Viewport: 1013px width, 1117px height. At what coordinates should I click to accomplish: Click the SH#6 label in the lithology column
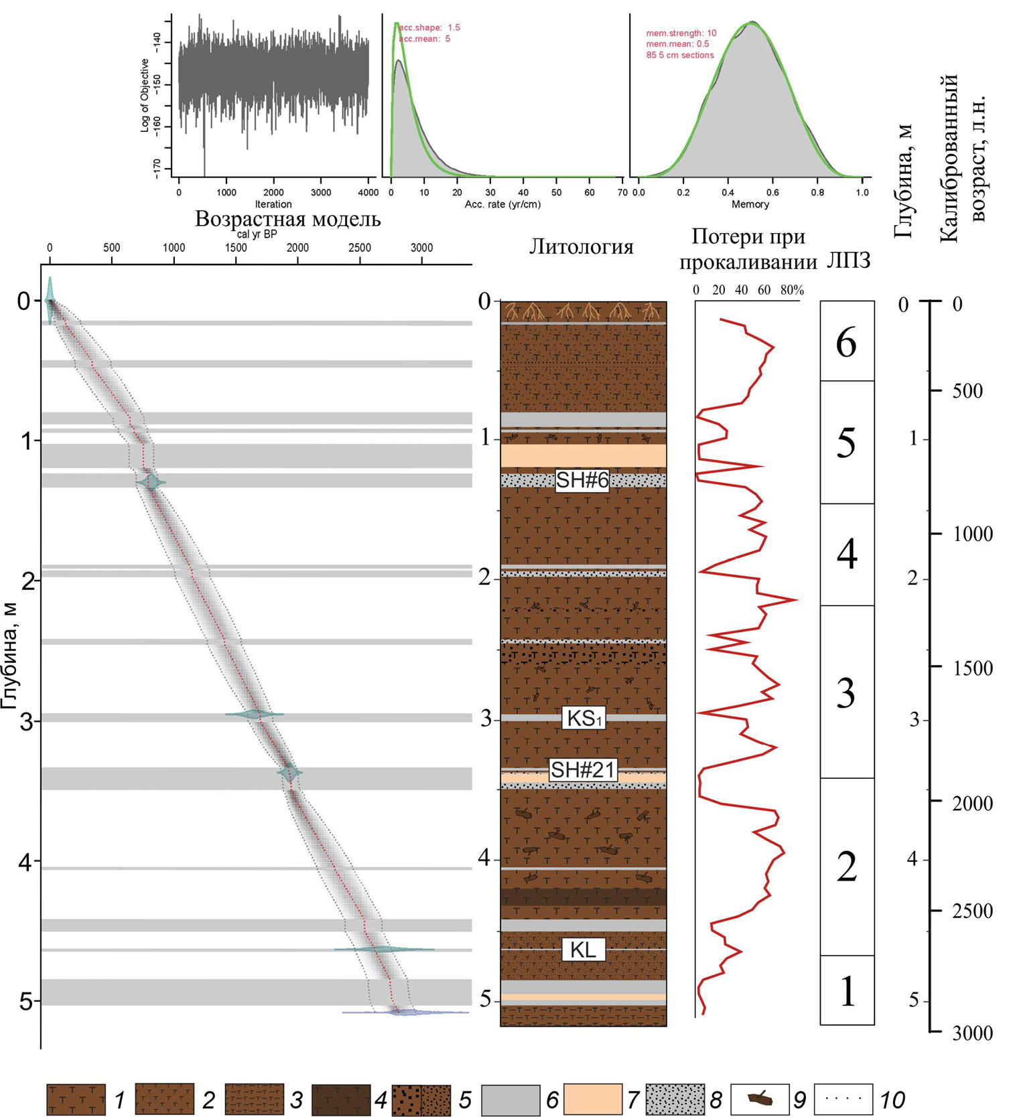pos(582,480)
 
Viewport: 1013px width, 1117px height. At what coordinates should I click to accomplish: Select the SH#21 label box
pos(582,770)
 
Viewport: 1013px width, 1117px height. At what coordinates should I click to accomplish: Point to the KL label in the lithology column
pos(582,949)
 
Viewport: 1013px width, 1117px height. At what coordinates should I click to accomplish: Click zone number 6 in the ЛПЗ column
pos(846,343)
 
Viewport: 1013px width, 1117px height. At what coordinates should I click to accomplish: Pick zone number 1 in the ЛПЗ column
pos(847,992)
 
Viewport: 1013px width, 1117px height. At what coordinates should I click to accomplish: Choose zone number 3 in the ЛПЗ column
pos(846,694)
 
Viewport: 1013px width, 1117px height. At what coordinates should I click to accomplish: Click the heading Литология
pos(581,247)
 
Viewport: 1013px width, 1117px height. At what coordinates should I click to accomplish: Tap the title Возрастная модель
pos(287,219)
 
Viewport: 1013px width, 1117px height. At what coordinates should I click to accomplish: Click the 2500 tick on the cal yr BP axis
pos(360,248)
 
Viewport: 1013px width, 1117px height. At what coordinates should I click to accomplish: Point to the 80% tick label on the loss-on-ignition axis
pos(792,290)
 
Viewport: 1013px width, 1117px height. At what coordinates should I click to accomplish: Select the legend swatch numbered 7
pos(592,1100)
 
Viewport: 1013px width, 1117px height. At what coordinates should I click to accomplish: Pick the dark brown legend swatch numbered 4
pos(341,1100)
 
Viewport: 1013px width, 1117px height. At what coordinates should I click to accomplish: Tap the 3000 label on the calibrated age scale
pos(973,1033)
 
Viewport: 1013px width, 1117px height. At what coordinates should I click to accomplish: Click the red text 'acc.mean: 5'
pos(425,39)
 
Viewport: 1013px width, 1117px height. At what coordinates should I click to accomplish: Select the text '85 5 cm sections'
pos(679,55)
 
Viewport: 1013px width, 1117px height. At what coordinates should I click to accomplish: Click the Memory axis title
pos(750,204)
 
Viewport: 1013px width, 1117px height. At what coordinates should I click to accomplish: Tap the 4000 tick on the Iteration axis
pos(368,192)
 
